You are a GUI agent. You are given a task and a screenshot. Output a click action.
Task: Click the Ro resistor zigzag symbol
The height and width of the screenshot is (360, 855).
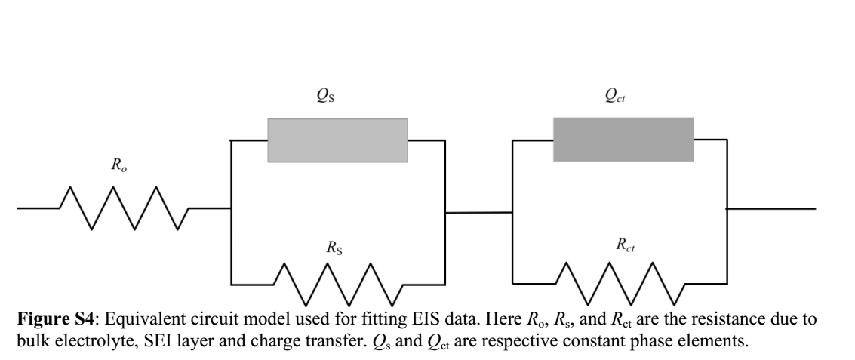pos(124,208)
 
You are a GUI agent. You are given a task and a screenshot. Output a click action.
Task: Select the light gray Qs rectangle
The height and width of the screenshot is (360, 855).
pos(337,140)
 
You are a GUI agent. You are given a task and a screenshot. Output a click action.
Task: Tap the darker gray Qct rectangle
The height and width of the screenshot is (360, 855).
pos(623,140)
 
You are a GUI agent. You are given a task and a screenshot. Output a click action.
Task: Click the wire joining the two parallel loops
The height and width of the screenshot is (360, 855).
pos(478,213)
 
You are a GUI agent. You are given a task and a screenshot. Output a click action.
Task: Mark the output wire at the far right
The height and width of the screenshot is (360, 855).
pos(770,208)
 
